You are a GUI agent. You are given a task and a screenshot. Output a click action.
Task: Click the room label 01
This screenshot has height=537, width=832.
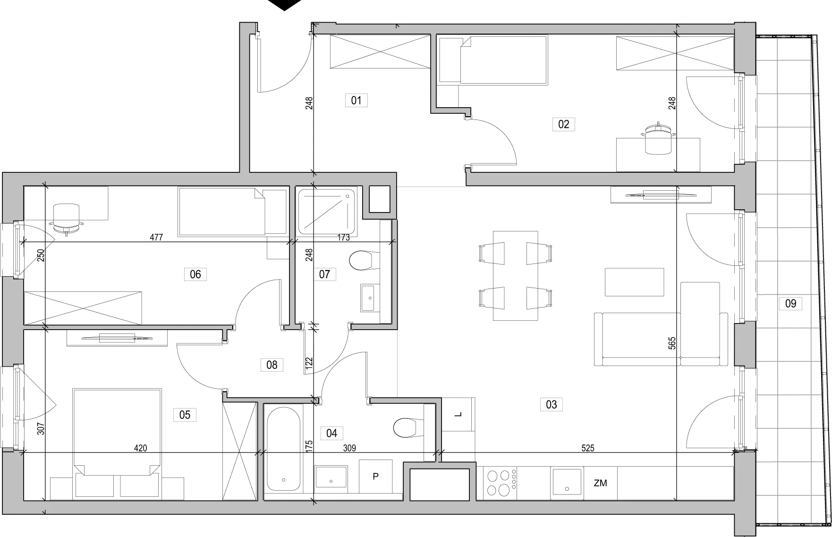point(356,100)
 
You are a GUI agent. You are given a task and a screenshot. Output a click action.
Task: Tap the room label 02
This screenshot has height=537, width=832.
point(563,124)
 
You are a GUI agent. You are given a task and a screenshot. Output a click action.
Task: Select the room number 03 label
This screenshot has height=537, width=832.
point(551,404)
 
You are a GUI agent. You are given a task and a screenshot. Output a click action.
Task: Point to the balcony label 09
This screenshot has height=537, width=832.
point(790,303)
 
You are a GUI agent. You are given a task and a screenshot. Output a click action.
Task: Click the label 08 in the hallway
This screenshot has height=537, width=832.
point(272,365)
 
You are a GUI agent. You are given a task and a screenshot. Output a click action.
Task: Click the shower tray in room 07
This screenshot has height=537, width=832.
point(326,212)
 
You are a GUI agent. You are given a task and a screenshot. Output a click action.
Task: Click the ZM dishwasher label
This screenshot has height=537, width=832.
point(600,483)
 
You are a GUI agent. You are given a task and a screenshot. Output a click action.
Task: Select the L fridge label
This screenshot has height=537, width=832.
point(458,414)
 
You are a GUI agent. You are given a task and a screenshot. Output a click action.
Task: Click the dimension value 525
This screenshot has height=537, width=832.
point(587,448)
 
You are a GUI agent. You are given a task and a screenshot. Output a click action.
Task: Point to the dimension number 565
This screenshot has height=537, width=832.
point(672,343)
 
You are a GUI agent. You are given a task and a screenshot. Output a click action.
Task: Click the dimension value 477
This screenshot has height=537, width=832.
point(156,238)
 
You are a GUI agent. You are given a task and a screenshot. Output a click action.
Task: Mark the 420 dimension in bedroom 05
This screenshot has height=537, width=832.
point(140,448)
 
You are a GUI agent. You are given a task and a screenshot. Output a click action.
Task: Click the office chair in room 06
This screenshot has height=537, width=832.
point(67,218)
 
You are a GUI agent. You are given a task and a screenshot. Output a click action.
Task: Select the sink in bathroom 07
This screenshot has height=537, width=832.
point(370,298)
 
